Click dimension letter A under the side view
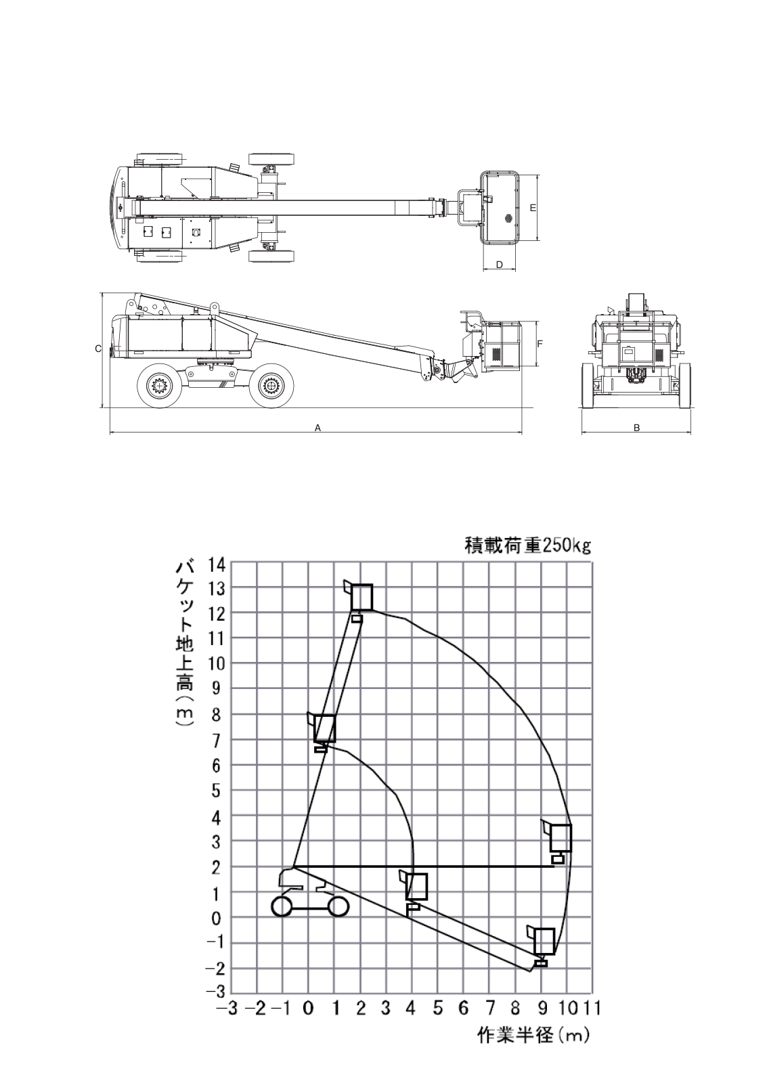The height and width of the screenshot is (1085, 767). tap(317, 427)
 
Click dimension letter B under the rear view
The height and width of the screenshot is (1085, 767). tap(636, 427)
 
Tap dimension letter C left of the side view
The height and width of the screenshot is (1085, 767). tap(97, 349)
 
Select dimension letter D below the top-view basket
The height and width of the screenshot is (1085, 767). tap(500, 265)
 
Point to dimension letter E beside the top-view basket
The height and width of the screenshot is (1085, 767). tap(533, 207)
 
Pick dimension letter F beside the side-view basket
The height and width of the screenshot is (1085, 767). tap(540, 344)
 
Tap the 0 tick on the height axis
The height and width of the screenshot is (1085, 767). tap(218, 918)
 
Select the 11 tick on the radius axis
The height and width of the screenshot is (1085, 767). tap(593, 1009)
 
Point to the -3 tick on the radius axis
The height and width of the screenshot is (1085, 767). tap(227, 1009)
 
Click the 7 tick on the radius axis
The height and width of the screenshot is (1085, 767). tap(489, 1009)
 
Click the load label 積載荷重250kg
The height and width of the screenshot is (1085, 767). tap(527, 546)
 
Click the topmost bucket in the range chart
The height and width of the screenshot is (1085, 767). tap(362, 597)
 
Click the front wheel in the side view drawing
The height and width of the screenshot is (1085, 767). tap(271, 386)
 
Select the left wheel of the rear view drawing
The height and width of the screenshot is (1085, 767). tap(588, 385)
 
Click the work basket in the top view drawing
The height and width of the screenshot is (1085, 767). tap(501, 207)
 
